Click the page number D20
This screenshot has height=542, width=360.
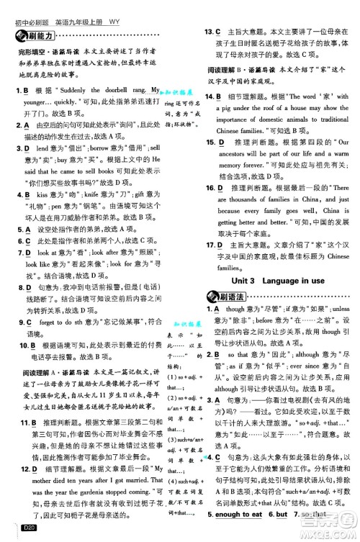30,531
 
